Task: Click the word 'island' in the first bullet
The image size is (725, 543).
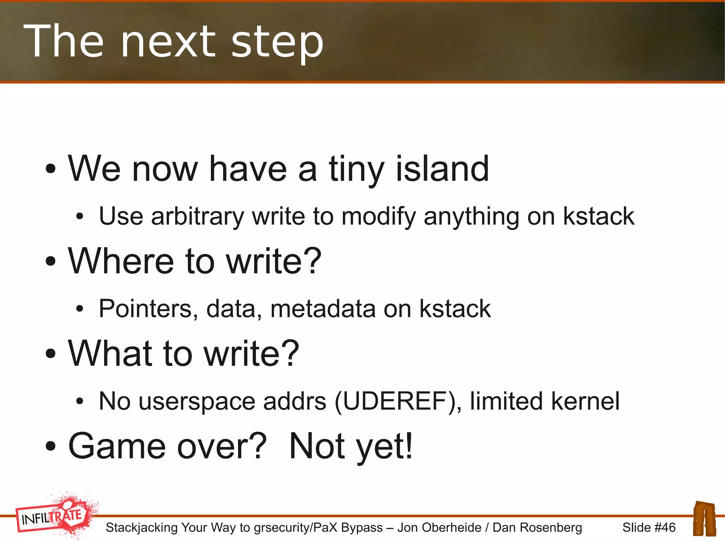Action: tap(442, 169)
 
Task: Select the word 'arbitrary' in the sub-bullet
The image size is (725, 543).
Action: tap(197, 216)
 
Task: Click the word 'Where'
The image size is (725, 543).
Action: tap(120, 261)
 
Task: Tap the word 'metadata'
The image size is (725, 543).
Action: tap(323, 308)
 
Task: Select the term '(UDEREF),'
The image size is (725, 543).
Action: tap(398, 402)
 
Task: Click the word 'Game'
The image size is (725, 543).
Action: tap(117, 446)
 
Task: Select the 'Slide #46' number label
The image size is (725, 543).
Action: tap(649, 527)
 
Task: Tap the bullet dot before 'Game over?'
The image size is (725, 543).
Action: tap(51, 446)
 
